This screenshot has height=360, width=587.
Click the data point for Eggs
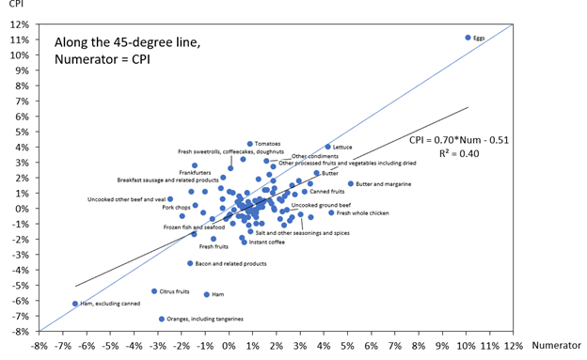point(468,38)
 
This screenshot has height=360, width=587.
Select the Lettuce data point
point(327,147)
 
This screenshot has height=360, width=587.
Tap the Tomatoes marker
point(250,144)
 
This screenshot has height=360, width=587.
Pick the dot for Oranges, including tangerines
point(162,319)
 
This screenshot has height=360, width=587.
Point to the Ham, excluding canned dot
point(75,304)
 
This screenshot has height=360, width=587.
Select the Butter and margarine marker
point(351,184)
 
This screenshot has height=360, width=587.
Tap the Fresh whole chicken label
point(363,213)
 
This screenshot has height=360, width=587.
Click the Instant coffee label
point(267,243)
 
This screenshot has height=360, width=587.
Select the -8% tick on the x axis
point(40,345)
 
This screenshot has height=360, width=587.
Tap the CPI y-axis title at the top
point(17,5)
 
